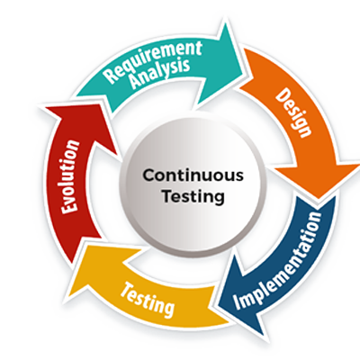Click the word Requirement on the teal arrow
point(154,61)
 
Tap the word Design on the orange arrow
point(293,112)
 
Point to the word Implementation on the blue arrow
point(277,260)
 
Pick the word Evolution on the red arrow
point(69,176)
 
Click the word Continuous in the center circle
point(193,175)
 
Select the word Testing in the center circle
point(193,197)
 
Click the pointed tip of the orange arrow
point(319,199)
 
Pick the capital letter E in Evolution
point(69,207)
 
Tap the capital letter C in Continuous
point(149,175)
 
